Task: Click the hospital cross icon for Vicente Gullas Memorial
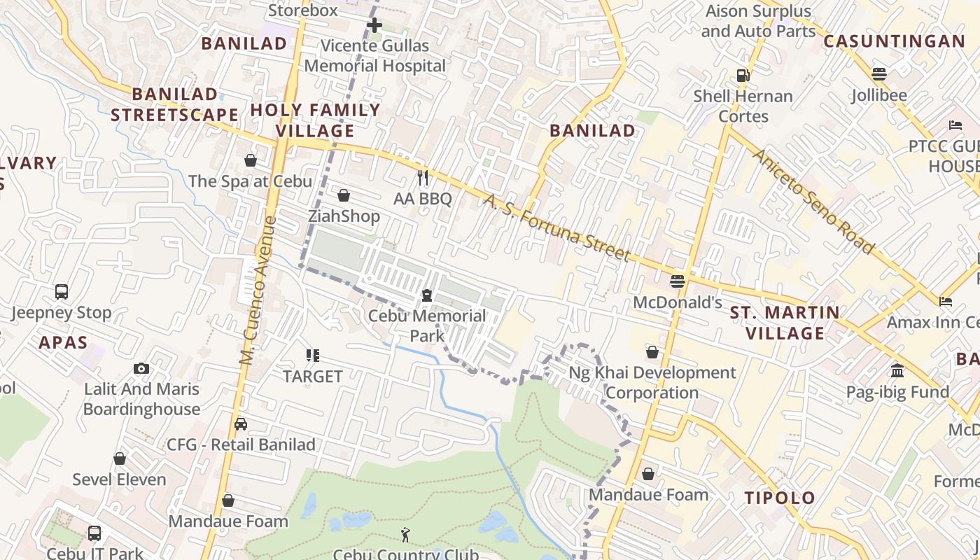point(374,26)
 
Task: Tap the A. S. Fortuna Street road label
point(557,227)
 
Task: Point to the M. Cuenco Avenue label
point(258,290)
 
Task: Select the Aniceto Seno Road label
point(813,201)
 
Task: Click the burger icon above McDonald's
point(677,281)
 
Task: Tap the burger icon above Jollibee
point(879,74)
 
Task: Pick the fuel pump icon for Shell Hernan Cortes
point(743,75)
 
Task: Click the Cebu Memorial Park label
point(427,325)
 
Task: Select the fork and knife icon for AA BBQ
point(422,178)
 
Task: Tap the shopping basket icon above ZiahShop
point(344,195)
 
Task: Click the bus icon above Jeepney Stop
point(62,291)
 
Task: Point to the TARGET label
point(313,377)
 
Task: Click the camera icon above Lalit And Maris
point(141,368)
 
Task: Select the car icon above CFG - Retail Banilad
point(241,424)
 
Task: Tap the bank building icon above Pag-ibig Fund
point(897,371)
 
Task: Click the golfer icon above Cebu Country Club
point(405,535)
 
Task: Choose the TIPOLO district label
point(780,498)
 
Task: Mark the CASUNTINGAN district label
point(894,41)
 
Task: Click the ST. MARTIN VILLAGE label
point(785,323)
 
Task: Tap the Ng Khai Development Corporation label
point(652,382)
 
